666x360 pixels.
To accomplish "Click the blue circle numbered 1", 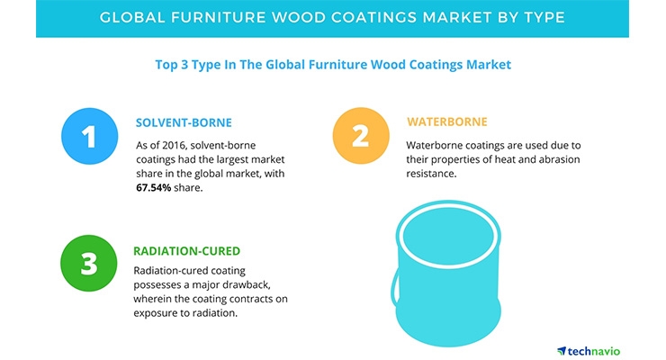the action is [90, 136].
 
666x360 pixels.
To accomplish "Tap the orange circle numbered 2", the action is [361, 136].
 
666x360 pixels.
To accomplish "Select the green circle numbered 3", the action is [89, 263].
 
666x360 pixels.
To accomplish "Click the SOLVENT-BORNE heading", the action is [184, 122].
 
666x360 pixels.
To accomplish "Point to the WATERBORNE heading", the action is [446, 121].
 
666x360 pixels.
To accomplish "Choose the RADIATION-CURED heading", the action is [187, 251].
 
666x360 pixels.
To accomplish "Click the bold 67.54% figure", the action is [153, 187].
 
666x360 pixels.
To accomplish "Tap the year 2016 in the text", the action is [175, 145].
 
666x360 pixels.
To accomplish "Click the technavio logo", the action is [589, 351].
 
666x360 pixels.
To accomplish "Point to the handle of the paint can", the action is [394, 288].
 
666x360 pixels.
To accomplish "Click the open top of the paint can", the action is [448, 235].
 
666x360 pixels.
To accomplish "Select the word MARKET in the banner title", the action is [454, 17].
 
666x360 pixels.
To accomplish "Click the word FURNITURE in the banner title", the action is [218, 17].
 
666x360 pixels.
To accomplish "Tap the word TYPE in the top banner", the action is [544, 17].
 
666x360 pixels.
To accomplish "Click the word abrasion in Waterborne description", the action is [560, 159].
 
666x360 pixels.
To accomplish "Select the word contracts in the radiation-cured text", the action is [249, 299].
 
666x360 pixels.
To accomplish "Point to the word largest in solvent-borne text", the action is [231, 159].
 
